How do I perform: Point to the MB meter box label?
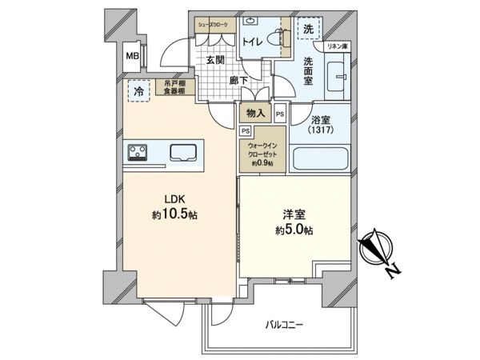(132, 55)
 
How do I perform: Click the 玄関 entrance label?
(214, 60)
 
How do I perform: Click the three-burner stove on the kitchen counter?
(137, 152)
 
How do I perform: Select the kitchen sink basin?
(186, 151)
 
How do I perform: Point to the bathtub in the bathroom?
(320, 159)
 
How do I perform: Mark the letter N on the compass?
(393, 272)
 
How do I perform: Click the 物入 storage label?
(255, 114)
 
